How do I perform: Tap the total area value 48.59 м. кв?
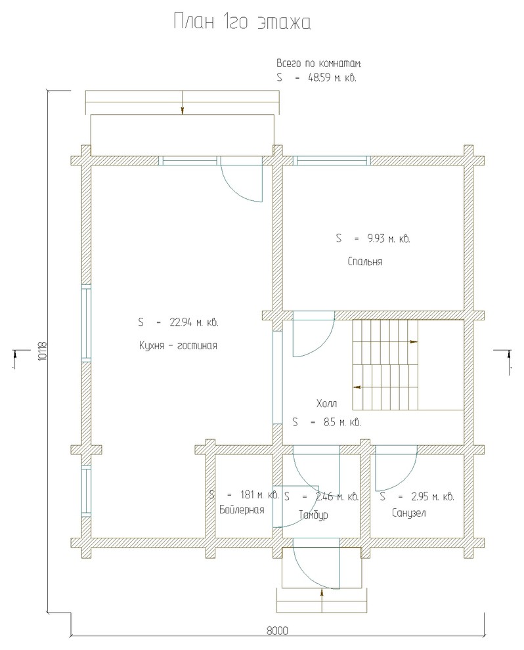pos(332,77)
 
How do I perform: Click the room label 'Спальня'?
pos(365,262)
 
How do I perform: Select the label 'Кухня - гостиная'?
pos(178,346)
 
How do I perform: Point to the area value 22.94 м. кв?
pos(194,322)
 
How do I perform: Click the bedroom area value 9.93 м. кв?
pos(389,239)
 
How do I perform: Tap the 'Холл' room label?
pos(326,403)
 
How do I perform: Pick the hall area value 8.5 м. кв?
pos(342,422)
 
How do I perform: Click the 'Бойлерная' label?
pos(242,509)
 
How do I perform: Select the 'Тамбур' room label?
pos(313,515)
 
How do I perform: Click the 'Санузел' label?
pos(408,513)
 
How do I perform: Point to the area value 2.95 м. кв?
pos(432,496)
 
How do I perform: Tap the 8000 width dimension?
pos(277,631)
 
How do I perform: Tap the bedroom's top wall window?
pos(332,160)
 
